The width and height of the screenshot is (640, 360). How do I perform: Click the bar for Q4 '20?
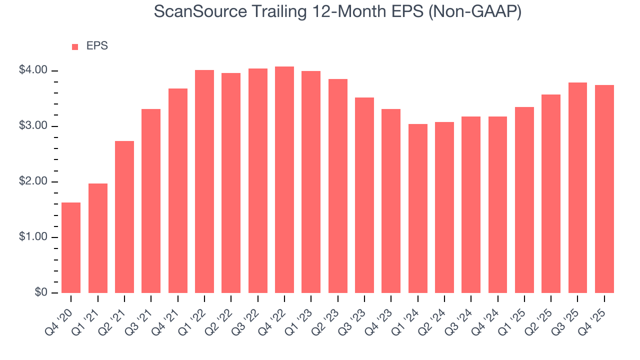click(71, 247)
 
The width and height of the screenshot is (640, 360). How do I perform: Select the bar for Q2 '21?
click(124, 217)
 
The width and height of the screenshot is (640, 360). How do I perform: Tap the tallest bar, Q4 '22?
click(284, 180)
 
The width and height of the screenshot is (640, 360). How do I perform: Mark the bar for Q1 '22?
click(204, 181)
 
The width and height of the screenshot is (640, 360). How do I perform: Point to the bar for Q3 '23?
click(364, 195)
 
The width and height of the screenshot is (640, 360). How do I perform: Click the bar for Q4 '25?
click(604, 189)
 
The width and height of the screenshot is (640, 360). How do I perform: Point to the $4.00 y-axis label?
click(33, 70)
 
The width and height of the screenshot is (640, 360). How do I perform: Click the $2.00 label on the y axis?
click(33, 181)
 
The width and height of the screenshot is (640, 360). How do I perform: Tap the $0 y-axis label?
click(40, 292)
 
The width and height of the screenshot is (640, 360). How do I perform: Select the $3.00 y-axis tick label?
click(33, 126)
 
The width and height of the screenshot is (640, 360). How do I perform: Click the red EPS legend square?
click(75, 46)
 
